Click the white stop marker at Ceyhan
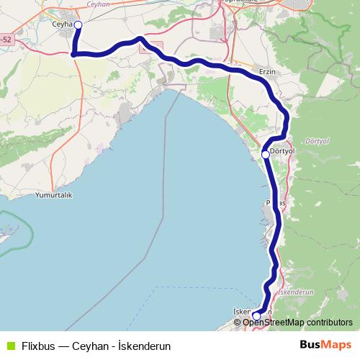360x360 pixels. pos(78,25)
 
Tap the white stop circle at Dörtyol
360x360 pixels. pos(265,154)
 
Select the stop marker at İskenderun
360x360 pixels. pos(256,315)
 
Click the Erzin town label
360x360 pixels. pos(268,72)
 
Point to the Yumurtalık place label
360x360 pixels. pos(55,195)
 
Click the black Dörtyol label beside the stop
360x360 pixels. pos(282,151)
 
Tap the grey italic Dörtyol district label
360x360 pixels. pos(316,140)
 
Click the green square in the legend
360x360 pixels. pos(11,345)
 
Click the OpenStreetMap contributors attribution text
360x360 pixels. pos(297,322)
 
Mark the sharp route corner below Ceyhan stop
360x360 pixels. pos(73,53)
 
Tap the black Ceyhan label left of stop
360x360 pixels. pos(63,24)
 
